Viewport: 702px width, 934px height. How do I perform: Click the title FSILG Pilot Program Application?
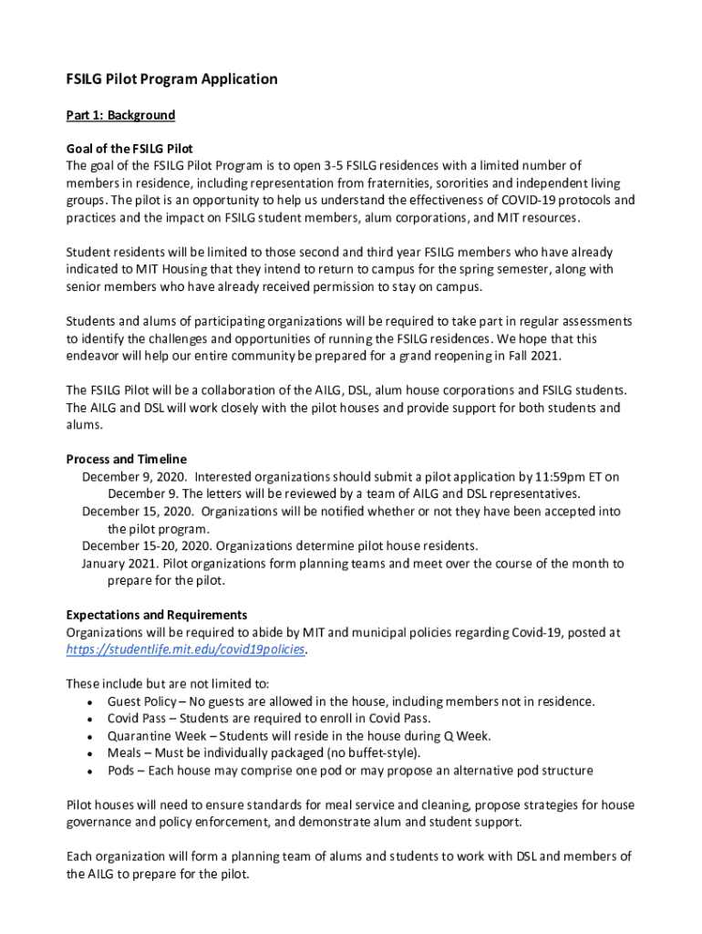171,79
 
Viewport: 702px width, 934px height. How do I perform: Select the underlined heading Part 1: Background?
120,116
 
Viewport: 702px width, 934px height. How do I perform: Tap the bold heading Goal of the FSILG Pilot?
129,149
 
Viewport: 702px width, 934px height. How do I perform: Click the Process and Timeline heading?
126,459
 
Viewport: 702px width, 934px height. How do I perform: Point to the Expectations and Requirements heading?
157,615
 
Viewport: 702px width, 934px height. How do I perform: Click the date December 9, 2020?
134,476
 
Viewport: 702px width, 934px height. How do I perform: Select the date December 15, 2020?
138,512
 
